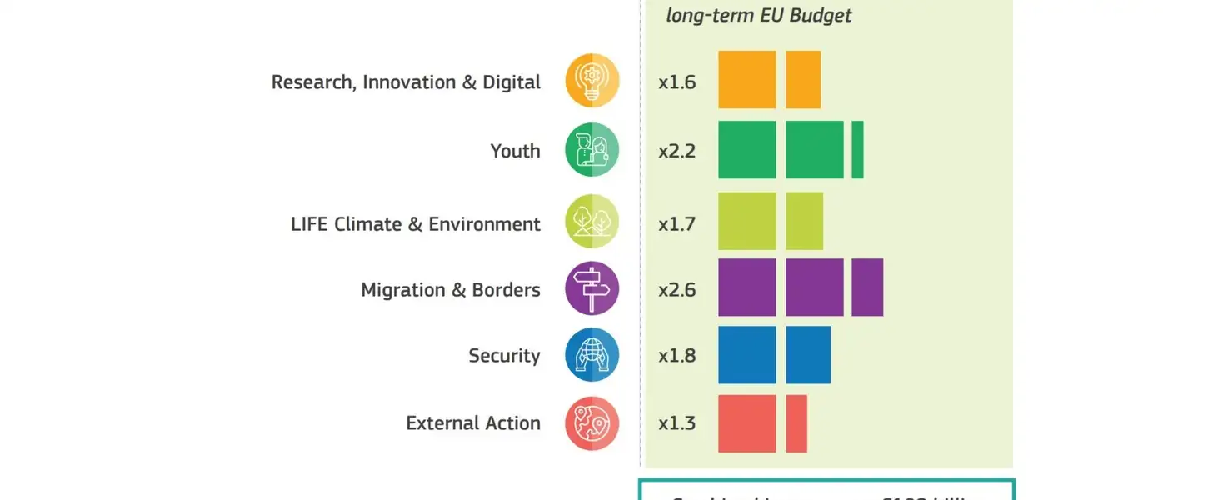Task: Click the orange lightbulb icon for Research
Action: (x=592, y=81)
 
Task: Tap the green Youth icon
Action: (x=592, y=150)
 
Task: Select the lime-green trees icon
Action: (x=592, y=222)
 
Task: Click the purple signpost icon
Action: (x=592, y=288)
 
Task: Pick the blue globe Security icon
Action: (x=592, y=355)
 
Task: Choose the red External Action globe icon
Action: (x=592, y=422)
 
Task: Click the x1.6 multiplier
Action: (x=676, y=82)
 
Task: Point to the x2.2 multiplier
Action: (x=676, y=152)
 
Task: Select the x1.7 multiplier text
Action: (x=676, y=224)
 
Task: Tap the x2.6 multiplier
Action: (x=676, y=290)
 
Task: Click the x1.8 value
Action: (x=676, y=356)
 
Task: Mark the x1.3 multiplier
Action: (x=676, y=423)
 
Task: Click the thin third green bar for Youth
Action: (x=857, y=149)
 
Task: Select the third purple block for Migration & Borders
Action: (x=867, y=287)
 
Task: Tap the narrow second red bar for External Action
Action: (x=796, y=423)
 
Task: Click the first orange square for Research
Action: (x=747, y=80)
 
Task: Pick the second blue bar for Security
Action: (x=808, y=355)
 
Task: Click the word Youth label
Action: (x=515, y=151)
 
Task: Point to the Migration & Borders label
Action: (x=450, y=290)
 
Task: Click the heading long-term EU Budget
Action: (x=759, y=16)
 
